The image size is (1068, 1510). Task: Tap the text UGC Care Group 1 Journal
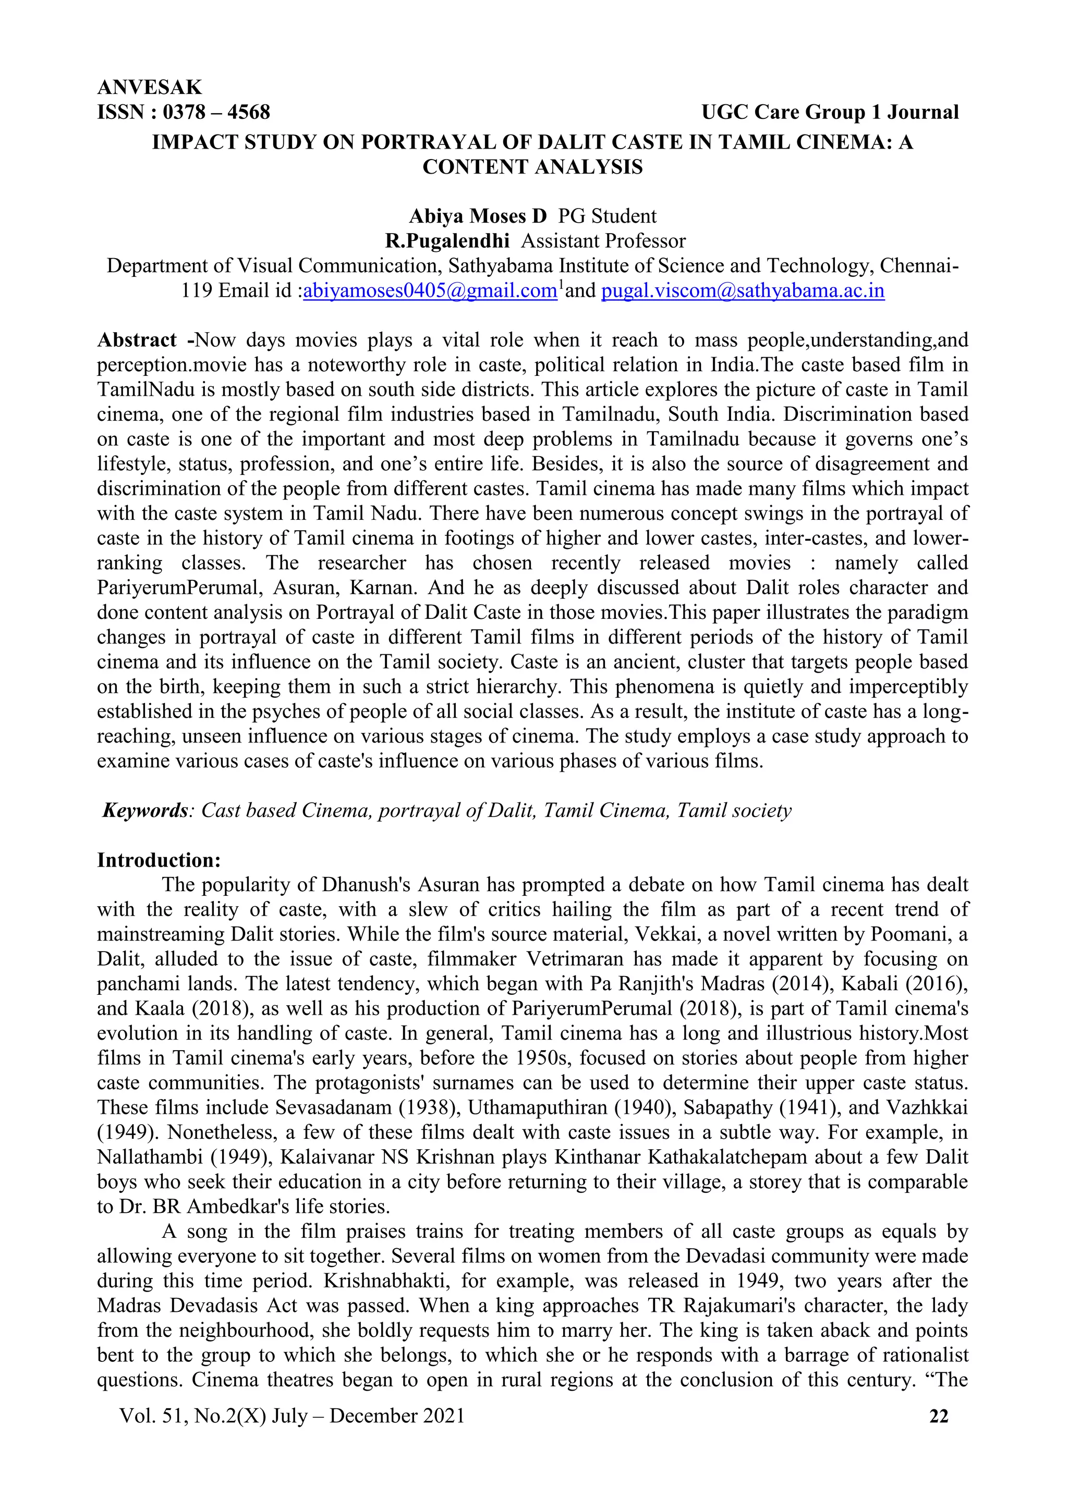click(x=830, y=113)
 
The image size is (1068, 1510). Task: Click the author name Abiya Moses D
click(x=478, y=216)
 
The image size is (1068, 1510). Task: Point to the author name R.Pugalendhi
click(x=447, y=241)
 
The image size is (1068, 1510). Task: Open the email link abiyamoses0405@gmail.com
click(x=430, y=291)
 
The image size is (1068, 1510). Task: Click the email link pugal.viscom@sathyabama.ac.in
click(x=743, y=291)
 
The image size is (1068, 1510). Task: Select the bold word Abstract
click(x=137, y=340)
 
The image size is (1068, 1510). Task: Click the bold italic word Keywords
click(x=145, y=811)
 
